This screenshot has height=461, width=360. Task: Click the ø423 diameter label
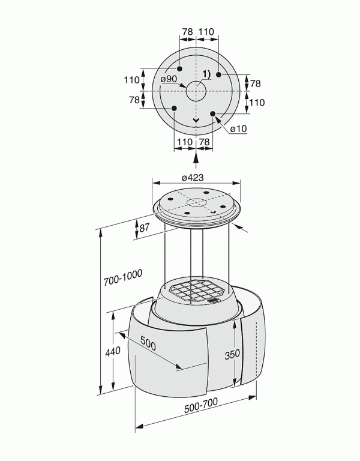pyautogui.click(x=193, y=177)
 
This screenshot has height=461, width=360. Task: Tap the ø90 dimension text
pyautogui.click(x=169, y=79)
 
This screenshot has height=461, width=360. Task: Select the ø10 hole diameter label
pyautogui.click(x=238, y=129)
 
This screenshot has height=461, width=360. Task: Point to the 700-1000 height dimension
pyautogui.click(x=123, y=277)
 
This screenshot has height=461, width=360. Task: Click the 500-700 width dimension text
pyautogui.click(x=201, y=405)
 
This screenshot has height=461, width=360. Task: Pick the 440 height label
pyautogui.click(x=113, y=351)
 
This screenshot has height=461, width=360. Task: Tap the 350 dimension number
pyautogui.click(x=232, y=354)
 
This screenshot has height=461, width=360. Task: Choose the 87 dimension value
pyautogui.click(x=144, y=227)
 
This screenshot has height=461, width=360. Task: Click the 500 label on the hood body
pyautogui.click(x=148, y=343)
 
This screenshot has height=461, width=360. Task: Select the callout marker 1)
pyautogui.click(x=206, y=74)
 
